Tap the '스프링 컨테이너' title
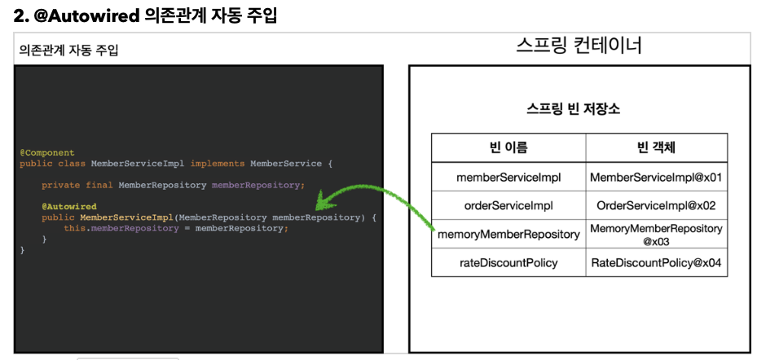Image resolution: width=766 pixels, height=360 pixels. tap(579, 45)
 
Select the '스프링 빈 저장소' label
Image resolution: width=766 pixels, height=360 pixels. tap(574, 109)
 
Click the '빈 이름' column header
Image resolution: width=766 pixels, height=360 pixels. tap(508, 147)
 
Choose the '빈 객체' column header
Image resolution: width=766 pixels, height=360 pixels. tap(656, 147)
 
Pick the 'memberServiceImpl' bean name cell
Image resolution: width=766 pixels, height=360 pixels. tap(508, 177)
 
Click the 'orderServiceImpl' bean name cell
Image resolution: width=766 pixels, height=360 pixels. tap(508, 205)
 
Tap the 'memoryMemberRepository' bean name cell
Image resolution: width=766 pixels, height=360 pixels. tap(508, 235)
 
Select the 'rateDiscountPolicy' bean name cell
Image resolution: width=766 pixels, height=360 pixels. tap(508, 263)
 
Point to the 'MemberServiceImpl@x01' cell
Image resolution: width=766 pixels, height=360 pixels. tap(656, 177)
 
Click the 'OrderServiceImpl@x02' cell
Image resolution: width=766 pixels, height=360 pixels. tap(656, 205)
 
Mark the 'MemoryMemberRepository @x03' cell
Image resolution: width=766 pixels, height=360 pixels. tap(656, 235)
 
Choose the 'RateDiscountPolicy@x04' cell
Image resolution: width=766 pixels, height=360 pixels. tap(656, 263)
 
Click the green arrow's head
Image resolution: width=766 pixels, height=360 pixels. tap(319, 203)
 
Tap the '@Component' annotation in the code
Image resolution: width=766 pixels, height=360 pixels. tap(47, 152)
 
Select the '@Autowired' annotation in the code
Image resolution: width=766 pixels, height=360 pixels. tap(69, 207)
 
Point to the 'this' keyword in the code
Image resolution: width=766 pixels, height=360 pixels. tap(74, 229)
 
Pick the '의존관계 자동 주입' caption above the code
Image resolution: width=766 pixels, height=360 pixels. tap(69, 50)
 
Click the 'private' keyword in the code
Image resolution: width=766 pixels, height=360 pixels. tap(58, 185)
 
